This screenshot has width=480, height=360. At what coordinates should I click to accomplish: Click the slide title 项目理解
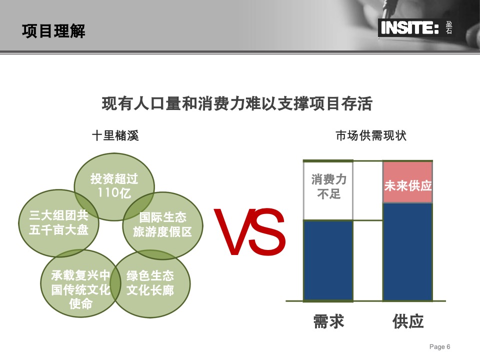pos(53,31)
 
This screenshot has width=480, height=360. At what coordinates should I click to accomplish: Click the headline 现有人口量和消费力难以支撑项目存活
pos(237,103)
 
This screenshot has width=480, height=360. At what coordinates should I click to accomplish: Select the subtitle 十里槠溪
pos(115,135)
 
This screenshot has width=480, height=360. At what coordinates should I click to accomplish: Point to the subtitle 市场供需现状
pos(371,135)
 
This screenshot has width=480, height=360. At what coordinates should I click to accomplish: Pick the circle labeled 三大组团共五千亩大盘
pos(58,223)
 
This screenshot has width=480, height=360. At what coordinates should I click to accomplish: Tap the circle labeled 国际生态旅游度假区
pos(162,225)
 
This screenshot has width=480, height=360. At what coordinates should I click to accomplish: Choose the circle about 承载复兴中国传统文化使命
pos(81,283)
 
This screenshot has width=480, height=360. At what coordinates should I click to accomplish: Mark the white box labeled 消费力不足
pos(328,190)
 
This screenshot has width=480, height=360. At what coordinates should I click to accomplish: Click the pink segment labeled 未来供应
pos(408,182)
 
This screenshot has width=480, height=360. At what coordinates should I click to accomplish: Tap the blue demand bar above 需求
pos(328,260)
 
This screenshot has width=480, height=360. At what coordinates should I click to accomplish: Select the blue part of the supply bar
pos(408,252)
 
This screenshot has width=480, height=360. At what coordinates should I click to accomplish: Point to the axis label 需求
pos(329,321)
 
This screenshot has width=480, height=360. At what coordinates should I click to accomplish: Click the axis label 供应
pos(408,321)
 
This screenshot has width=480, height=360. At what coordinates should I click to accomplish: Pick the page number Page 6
pos(439,347)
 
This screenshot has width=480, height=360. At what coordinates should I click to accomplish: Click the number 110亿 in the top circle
pos(114,193)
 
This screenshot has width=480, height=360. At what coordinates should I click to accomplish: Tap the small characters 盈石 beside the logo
pos(449,27)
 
